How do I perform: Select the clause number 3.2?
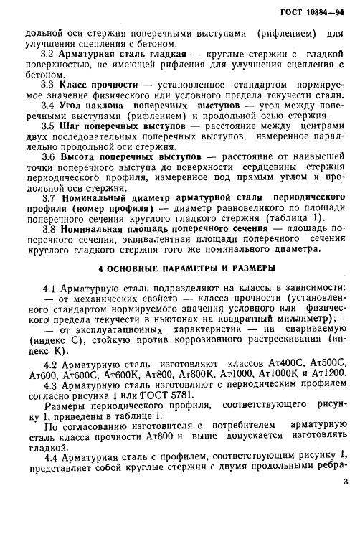click(47, 54)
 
